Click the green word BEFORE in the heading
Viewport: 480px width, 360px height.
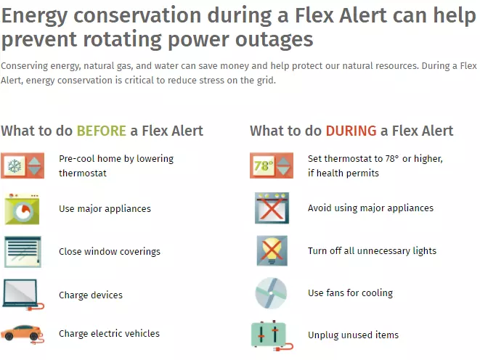tap(102, 131)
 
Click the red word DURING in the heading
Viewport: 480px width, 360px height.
tap(351, 131)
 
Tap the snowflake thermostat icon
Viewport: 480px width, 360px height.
tap(23, 165)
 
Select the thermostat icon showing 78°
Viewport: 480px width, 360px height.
tap(272, 165)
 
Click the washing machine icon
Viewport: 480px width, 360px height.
tap(22, 209)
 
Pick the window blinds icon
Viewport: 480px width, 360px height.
tap(23, 252)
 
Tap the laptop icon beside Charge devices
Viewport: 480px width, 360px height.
tap(23, 295)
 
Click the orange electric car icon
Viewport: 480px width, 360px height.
tap(22, 334)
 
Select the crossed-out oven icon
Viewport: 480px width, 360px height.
tap(272, 208)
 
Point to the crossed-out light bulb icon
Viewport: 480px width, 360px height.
tap(272, 250)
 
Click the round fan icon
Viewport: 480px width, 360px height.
tap(271, 293)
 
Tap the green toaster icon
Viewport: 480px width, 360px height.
tap(272, 335)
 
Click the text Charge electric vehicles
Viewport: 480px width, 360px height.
tap(109, 333)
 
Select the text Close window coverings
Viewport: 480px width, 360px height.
tap(110, 251)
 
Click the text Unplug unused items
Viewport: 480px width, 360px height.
tap(353, 335)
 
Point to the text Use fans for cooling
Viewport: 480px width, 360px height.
tap(350, 292)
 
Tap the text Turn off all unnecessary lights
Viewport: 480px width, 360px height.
tap(372, 251)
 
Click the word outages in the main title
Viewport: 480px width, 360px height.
tap(274, 40)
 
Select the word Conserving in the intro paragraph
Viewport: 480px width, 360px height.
tap(25, 66)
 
